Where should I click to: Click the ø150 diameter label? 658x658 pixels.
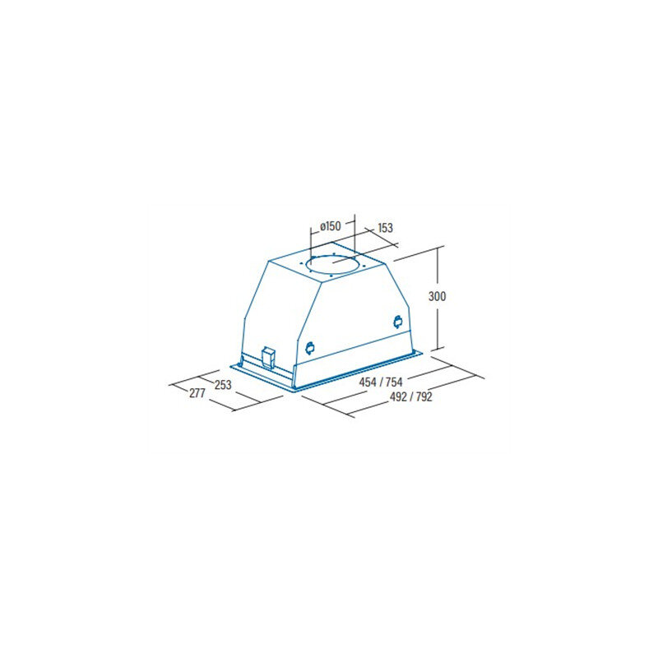(x=331, y=227)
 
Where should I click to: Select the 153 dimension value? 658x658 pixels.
(x=385, y=228)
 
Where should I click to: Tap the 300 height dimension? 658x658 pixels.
(x=437, y=296)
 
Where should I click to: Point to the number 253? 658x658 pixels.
(x=223, y=384)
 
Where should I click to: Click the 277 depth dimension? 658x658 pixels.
(x=197, y=393)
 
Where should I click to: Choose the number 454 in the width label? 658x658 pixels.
(x=368, y=382)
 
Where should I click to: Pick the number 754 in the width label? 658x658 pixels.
(x=394, y=382)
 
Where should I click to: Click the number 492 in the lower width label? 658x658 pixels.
(x=398, y=396)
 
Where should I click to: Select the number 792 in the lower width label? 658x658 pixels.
(x=424, y=396)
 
